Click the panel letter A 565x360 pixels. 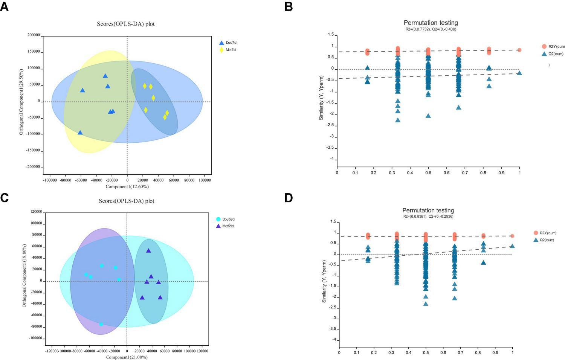click(x=4, y=6)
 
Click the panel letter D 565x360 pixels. click(x=289, y=198)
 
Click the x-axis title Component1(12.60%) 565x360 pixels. click(x=127, y=186)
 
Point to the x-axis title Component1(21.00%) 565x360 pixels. click(x=127, y=357)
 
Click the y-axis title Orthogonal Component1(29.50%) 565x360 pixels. click(x=21, y=102)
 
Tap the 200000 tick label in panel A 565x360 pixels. click(x=34, y=35)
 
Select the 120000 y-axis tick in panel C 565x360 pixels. click(x=36, y=212)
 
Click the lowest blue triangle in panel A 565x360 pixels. click(x=80, y=133)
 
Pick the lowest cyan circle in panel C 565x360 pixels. click(x=101, y=324)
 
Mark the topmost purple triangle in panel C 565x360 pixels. click(x=148, y=250)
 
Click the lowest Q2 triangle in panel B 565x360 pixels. click(x=398, y=120)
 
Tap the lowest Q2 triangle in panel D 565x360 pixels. click(x=426, y=304)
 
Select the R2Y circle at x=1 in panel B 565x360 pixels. click(x=519, y=50)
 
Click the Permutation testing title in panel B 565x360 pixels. click(x=431, y=23)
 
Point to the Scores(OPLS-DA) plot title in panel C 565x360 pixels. click(x=127, y=201)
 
